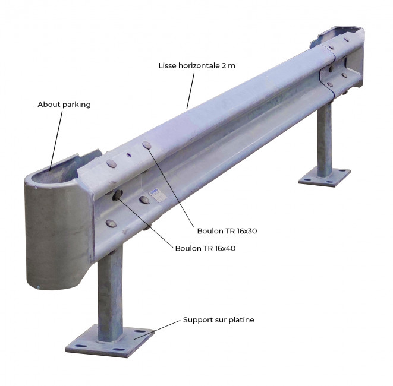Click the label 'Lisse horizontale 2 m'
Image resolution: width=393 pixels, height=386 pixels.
pos(197,65)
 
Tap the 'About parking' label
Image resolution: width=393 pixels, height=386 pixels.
pos(64,105)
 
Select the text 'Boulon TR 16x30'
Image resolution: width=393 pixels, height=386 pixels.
pos(227,231)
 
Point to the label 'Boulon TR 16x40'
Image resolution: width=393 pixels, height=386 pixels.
pos(205,248)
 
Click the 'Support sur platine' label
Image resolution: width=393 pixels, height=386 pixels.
pos(219,320)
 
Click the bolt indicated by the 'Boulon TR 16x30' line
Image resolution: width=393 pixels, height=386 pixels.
pos(147,145)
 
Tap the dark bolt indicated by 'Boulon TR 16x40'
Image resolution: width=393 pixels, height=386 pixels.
pos(118,195)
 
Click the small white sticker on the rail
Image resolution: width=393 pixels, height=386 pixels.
pos(158,194)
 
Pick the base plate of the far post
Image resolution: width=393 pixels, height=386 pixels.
pos(324,177)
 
